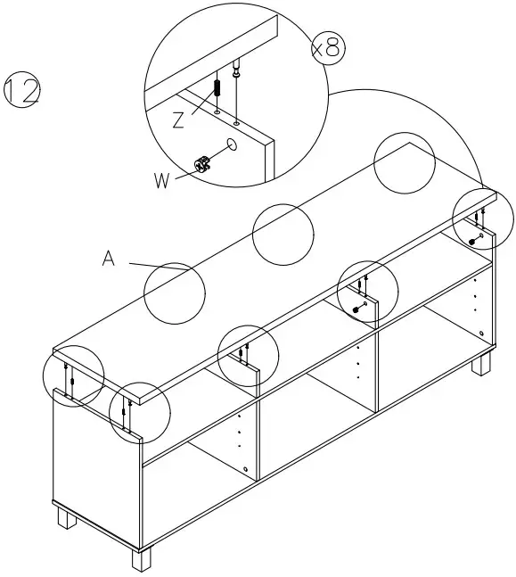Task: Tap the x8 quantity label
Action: [x=326, y=47]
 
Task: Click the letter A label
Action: [x=109, y=260]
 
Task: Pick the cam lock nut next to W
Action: [x=201, y=163]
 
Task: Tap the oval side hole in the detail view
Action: [x=232, y=143]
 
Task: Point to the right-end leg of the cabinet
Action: [x=481, y=364]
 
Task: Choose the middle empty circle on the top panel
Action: [x=283, y=234]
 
